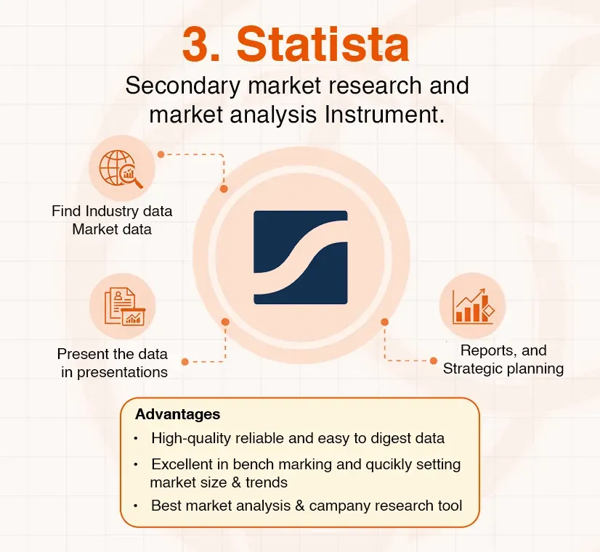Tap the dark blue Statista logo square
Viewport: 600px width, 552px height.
click(x=300, y=257)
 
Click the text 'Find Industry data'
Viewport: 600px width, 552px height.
click(x=112, y=211)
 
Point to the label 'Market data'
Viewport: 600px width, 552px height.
click(x=112, y=229)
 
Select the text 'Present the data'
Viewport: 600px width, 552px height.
click(x=113, y=354)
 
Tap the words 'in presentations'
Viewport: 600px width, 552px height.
click(x=113, y=372)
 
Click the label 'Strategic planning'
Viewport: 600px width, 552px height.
click(x=503, y=368)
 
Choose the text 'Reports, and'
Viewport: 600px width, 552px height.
click(x=503, y=350)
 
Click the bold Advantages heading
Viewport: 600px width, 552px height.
click(x=177, y=414)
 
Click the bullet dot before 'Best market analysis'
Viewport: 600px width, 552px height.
click(x=135, y=506)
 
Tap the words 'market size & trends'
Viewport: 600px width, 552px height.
click(x=219, y=482)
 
